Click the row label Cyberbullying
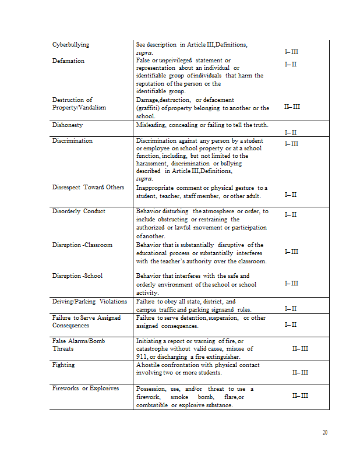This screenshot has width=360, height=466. (x=70, y=45)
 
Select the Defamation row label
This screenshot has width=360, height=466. (x=68, y=61)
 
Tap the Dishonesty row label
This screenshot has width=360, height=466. (x=68, y=125)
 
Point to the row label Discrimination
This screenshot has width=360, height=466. (x=72, y=141)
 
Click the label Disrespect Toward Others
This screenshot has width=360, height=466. (x=88, y=188)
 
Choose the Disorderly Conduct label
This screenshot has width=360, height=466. (x=79, y=211)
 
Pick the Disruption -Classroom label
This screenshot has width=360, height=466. (x=82, y=245)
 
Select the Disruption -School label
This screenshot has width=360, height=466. (x=77, y=276)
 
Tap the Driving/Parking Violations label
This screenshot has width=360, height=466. (x=89, y=302)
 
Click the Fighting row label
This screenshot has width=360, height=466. (x=63, y=365)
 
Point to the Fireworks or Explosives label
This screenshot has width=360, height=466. (x=85, y=389)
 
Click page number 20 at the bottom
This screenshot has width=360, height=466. (x=324, y=432)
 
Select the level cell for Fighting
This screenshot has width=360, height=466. (x=300, y=372)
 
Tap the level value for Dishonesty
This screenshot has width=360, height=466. (x=291, y=132)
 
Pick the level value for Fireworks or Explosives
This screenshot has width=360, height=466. (x=300, y=396)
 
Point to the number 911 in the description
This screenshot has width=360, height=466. (x=142, y=357)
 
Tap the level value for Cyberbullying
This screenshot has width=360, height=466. (x=291, y=52)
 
